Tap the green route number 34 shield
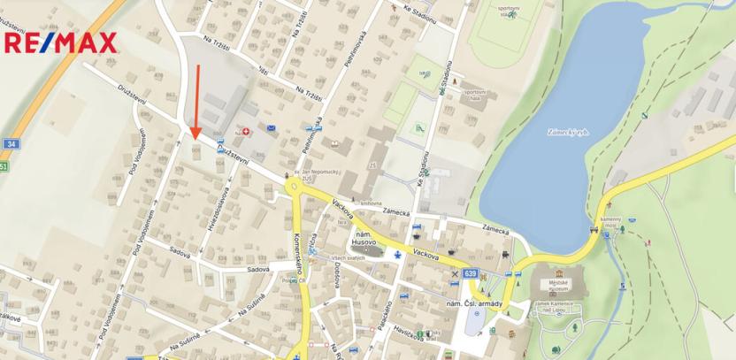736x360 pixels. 11,143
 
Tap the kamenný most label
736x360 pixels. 612,221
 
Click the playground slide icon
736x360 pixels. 418,127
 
